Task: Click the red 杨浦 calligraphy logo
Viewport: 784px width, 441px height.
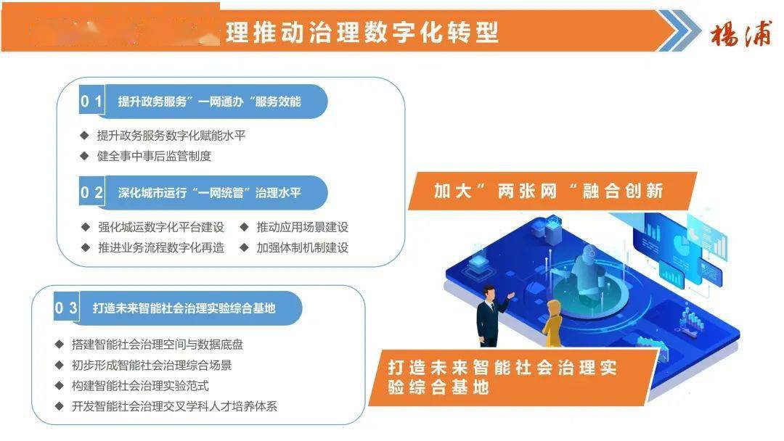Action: [x=740, y=33]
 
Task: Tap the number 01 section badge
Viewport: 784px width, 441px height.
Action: [x=91, y=102]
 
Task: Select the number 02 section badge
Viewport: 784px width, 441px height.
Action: [x=91, y=192]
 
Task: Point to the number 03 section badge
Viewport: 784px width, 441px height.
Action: [x=66, y=308]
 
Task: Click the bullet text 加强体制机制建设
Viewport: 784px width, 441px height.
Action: [x=302, y=247]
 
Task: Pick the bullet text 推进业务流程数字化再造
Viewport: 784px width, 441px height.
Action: [x=161, y=247]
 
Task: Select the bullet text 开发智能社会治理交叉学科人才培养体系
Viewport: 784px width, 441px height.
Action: [x=174, y=406]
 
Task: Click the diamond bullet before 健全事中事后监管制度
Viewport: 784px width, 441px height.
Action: [x=84, y=155]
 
